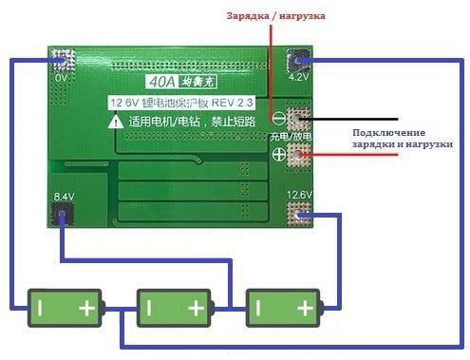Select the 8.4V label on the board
[x=64, y=197]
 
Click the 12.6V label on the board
[x=300, y=198]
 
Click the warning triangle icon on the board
[x=115, y=121]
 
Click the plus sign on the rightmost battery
[x=304, y=308]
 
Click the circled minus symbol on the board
[x=278, y=118]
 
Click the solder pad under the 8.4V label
[x=63, y=216]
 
